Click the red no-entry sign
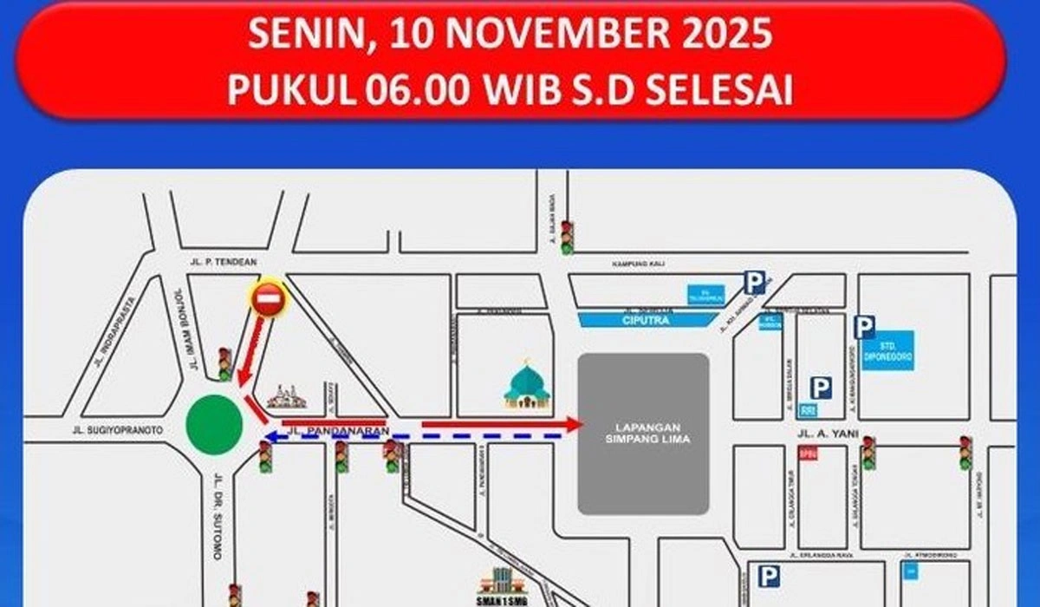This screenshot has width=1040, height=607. pyautogui.click(x=268, y=299)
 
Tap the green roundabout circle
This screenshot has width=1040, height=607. pyautogui.click(x=214, y=424)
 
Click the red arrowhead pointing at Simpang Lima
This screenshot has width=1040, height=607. pyautogui.click(x=574, y=424)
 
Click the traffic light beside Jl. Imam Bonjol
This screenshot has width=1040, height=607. pyautogui.click(x=224, y=364)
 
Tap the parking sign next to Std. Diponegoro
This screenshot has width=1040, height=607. pyautogui.click(x=863, y=327)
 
